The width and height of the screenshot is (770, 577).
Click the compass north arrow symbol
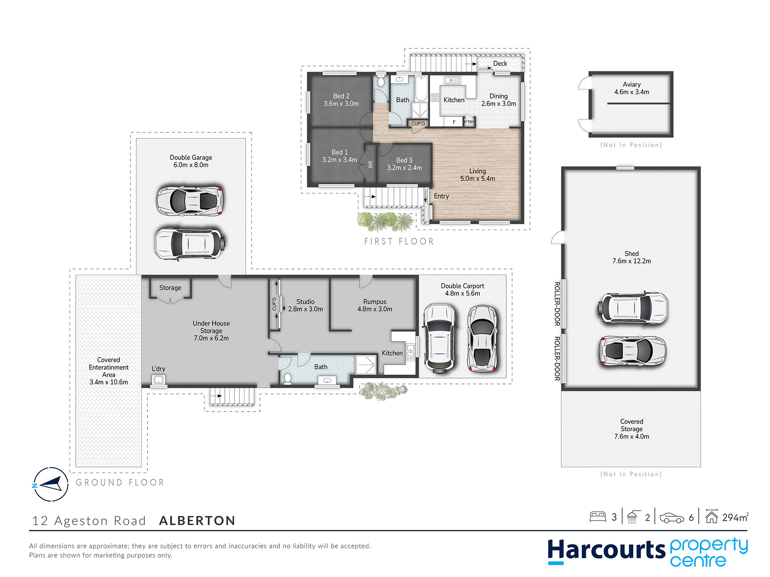[50, 484]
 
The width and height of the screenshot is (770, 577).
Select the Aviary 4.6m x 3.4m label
[631, 88]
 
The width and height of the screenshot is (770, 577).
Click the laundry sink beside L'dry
[158, 380]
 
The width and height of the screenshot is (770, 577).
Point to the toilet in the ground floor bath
[287, 378]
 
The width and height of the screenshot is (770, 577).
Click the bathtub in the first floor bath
[422, 88]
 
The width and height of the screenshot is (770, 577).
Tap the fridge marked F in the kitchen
[454, 122]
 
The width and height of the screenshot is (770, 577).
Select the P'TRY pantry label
[469, 122]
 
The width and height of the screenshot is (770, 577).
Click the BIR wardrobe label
[370, 164]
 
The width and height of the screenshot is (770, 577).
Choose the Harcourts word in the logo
[606, 550]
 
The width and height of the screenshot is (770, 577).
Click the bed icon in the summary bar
[598, 517]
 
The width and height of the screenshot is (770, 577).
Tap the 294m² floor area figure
[735, 517]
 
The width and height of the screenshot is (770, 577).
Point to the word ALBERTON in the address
[197, 520]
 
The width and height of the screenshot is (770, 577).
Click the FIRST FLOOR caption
[399, 241]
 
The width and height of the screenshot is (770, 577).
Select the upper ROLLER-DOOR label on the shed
[557, 304]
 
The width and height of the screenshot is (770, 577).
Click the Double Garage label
[191, 161]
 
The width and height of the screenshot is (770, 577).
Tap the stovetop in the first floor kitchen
[435, 98]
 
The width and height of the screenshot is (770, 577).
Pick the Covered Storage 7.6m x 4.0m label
[631, 429]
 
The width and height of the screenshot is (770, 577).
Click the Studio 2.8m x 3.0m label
[305, 305]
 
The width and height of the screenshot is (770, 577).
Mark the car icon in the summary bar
[672, 518]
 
